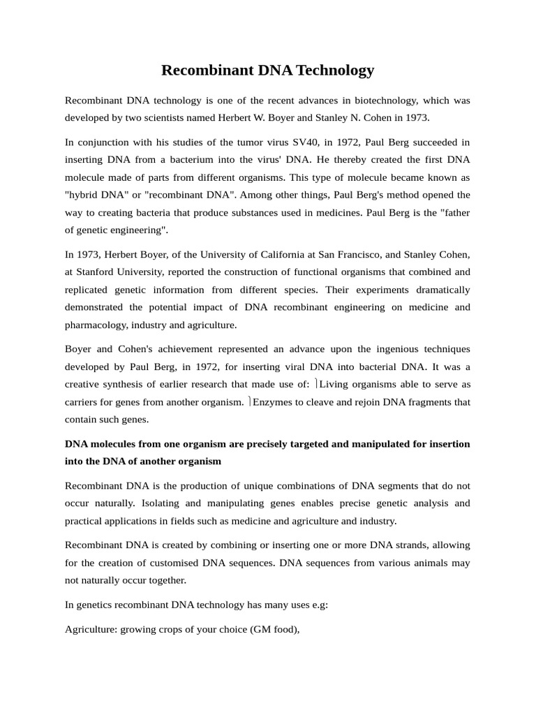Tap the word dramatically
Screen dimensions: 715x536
434,289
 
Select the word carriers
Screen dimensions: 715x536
82,401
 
